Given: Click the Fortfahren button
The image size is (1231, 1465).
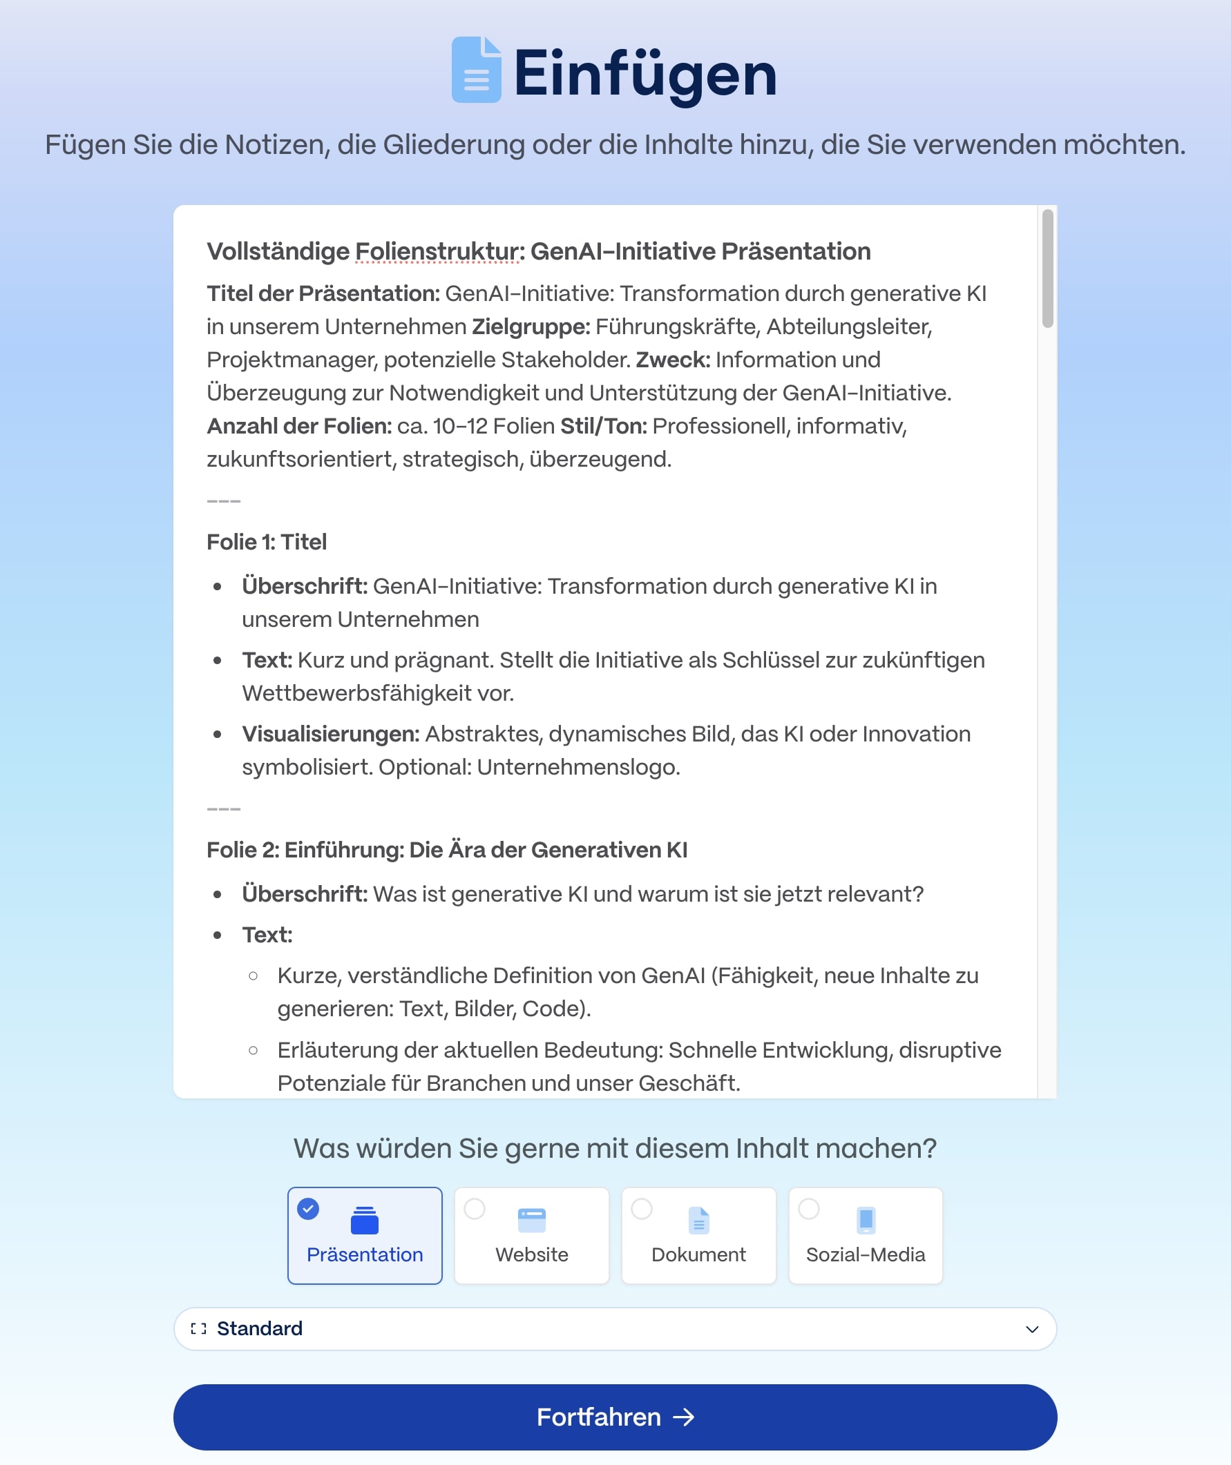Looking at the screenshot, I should (614, 1417).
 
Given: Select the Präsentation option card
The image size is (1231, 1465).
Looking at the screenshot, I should (364, 1236).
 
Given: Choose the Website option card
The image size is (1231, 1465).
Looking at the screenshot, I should (531, 1236).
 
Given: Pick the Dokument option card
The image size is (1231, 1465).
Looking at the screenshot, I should (698, 1236).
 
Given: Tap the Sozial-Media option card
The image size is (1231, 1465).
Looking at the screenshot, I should (866, 1236).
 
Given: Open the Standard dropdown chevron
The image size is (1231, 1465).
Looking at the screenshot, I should (1032, 1329).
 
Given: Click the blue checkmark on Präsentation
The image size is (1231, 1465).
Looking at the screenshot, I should (308, 1208).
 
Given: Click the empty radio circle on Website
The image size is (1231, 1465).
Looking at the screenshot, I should (475, 1208).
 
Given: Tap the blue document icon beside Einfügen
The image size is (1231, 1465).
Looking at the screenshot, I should (476, 70).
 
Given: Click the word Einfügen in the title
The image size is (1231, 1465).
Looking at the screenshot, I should (645, 74).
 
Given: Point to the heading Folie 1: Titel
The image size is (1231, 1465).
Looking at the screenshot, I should (267, 542).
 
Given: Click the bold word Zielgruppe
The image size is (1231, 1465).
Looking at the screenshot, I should (531, 327).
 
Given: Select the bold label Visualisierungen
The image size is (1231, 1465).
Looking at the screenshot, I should (330, 734).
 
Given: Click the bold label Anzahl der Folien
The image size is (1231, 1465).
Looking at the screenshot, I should (298, 425).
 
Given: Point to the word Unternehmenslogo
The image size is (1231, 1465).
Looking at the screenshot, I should (578, 768).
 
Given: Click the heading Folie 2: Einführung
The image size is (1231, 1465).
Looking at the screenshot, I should (447, 850).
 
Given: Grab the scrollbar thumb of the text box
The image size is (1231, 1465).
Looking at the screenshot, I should (1047, 268).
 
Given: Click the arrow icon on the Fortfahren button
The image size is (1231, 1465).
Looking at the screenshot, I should (684, 1417).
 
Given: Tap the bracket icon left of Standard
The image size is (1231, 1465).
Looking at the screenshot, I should (199, 1329).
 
